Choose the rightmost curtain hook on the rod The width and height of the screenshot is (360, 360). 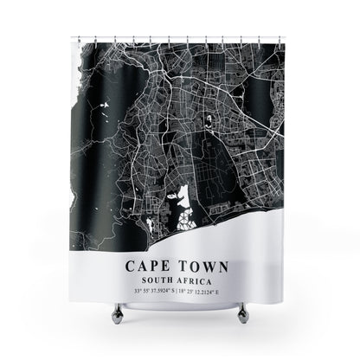[x=280, y=38]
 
